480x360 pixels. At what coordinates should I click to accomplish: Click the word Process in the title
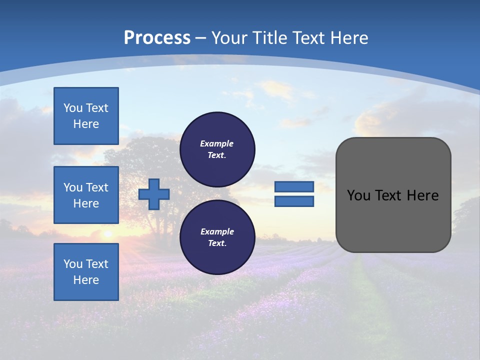[x=157, y=37]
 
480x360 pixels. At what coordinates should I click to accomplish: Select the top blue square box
[x=86, y=116]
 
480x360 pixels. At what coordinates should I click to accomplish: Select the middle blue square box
[x=86, y=195]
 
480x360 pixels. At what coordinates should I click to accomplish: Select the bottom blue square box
[x=86, y=272]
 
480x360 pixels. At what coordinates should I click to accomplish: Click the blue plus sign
[x=154, y=194]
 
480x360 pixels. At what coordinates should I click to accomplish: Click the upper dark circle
[x=217, y=149]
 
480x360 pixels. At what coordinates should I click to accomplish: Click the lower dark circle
[x=217, y=237]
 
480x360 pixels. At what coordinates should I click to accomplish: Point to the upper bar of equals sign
[x=294, y=186]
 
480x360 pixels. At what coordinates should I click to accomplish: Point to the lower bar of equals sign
[x=294, y=201]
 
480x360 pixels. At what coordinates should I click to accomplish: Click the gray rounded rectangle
[x=393, y=220]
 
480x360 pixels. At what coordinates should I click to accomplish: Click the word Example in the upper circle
[x=217, y=143]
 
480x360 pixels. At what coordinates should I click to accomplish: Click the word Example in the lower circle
[x=217, y=231]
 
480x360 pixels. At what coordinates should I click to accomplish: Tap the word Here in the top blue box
[x=86, y=124]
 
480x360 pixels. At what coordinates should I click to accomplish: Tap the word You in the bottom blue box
[x=73, y=264]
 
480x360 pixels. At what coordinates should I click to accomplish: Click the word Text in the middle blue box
[x=97, y=187]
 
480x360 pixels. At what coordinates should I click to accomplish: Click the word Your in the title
[x=230, y=37]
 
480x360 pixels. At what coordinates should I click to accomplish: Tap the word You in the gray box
[x=358, y=195]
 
